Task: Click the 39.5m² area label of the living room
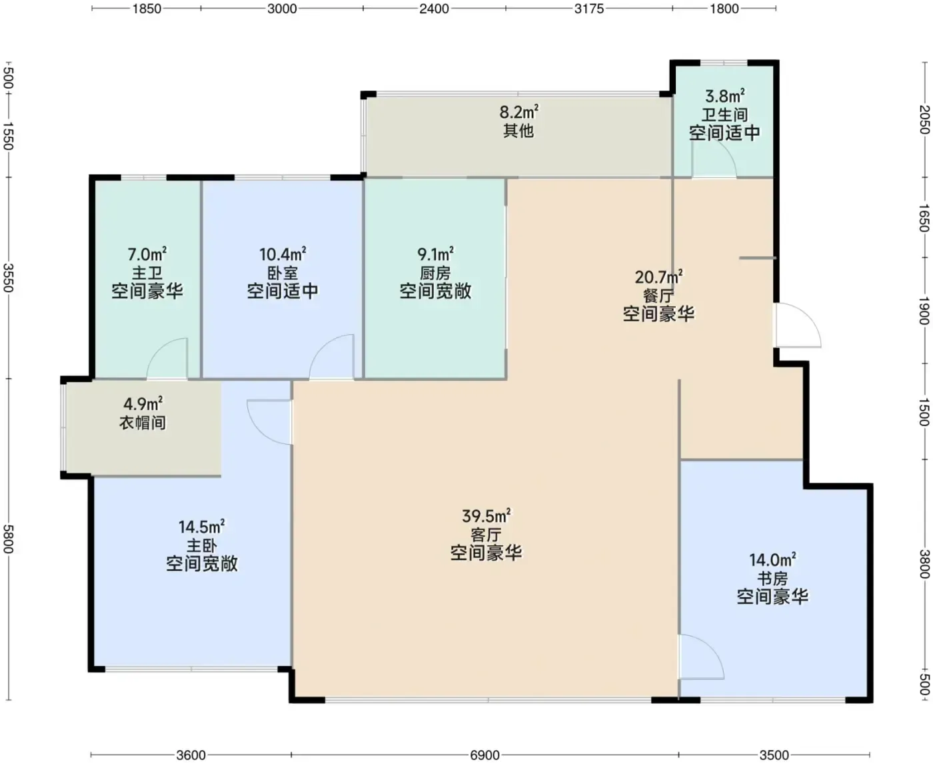[x=486, y=516]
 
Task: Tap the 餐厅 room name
[x=658, y=296]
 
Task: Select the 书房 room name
[x=772, y=579]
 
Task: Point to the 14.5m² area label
[x=202, y=527]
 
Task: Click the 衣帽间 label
[x=143, y=423]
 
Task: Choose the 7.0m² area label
[x=147, y=254]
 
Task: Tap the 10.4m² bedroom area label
[x=283, y=254]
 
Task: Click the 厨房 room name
[x=435, y=273]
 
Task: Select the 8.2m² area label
[x=519, y=112]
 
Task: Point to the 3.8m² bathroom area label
[x=724, y=96]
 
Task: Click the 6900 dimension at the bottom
[x=485, y=755]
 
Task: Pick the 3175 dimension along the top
[x=589, y=9]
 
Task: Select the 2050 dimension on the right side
[x=924, y=119]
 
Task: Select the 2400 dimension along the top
[x=434, y=9]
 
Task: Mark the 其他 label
[x=518, y=131]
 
